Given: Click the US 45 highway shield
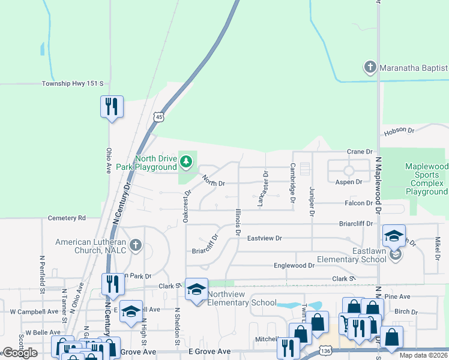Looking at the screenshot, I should pyautogui.click(x=157, y=116).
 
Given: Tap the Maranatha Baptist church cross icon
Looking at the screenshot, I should pyautogui.click(x=370, y=67).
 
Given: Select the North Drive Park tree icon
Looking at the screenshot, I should pyautogui.click(x=187, y=161).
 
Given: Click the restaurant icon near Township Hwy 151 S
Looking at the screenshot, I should pyautogui.click(x=112, y=107).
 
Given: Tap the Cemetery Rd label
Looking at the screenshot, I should pyautogui.click(x=67, y=218).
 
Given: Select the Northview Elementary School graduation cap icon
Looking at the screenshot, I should pyautogui.click(x=196, y=290).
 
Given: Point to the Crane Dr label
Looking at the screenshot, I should pyautogui.click(x=360, y=152).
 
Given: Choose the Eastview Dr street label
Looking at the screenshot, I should pyautogui.click(x=264, y=238).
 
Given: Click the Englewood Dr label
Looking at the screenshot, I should pyautogui.click(x=294, y=265).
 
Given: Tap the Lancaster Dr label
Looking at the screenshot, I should pyautogui.click(x=262, y=188).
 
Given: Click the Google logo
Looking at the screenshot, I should pyautogui.click(x=19, y=353).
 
